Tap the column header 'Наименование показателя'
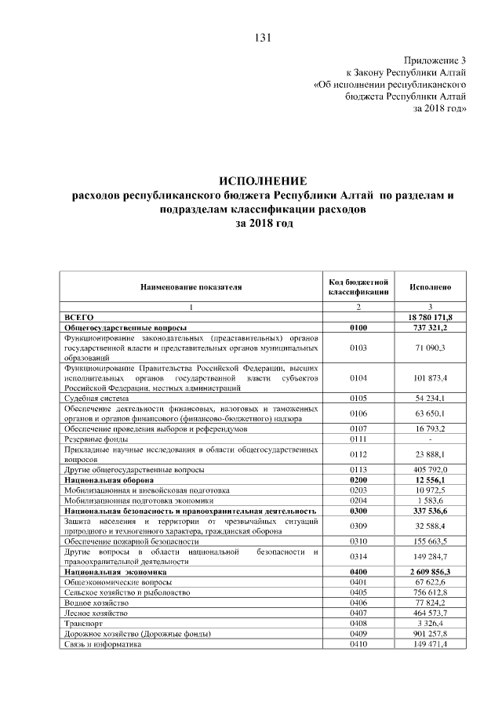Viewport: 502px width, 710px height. pos(191,287)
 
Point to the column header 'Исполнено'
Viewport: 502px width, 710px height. pos(431,287)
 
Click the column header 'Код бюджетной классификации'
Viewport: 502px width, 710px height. pos(358,287)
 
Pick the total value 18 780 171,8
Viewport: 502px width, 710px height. pos(430,315)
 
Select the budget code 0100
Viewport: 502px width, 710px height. pos(358,326)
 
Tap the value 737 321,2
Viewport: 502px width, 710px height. pos(431,326)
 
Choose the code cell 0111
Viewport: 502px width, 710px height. pos(358,440)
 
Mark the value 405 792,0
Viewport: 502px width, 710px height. pos(431,468)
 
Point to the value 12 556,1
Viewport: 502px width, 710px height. pos(431,479)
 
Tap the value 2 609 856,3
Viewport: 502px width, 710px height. pos(431,573)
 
